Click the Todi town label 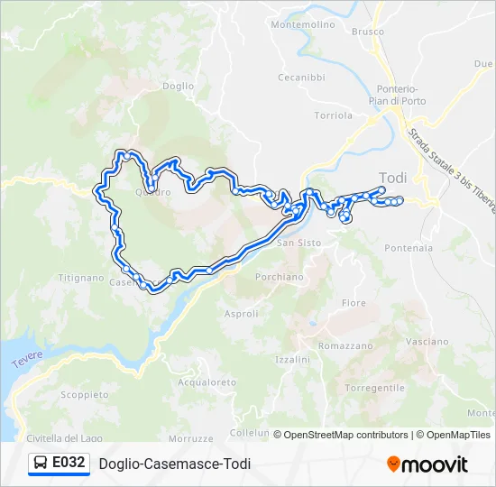(x=393, y=178)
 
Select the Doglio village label (x=179, y=87)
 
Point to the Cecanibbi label (x=301, y=78)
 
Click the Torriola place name (x=333, y=115)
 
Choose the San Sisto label (x=299, y=243)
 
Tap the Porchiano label (x=280, y=277)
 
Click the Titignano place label (x=82, y=278)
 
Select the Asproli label (x=241, y=314)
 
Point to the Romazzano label (x=345, y=345)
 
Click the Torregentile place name (x=374, y=387)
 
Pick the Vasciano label (x=427, y=342)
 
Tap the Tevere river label (x=27, y=359)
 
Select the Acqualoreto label (x=207, y=382)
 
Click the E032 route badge (x=59, y=464)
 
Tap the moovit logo (x=427, y=464)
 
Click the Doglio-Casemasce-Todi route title (x=175, y=464)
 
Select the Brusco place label (x=367, y=32)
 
